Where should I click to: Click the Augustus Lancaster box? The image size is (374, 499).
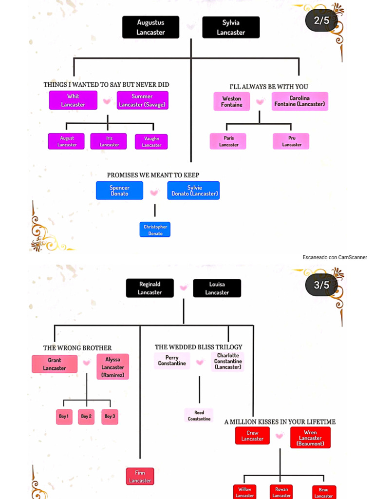tap(150, 27)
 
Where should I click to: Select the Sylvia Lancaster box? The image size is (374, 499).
tap(231, 27)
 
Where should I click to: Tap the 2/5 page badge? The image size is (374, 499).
tap(321, 20)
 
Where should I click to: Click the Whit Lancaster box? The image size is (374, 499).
tap(73, 100)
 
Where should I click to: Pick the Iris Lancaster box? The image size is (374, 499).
tap(109, 141)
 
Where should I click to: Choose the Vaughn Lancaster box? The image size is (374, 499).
tap(151, 142)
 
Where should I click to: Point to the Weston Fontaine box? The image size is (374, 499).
tap(232, 101)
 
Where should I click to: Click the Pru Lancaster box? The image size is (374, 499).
tap(291, 141)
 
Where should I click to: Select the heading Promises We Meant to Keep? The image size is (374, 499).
tap(153, 175)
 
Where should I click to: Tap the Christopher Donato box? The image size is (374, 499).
tap(155, 230)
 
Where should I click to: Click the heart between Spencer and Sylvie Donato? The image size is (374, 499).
tap(154, 192)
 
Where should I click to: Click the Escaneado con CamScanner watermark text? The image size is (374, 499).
tap(335, 257)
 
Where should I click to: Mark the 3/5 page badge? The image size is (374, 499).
tap(321, 285)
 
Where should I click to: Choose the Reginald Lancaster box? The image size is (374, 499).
tap(150, 288)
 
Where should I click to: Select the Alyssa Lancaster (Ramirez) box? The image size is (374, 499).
tap(112, 367)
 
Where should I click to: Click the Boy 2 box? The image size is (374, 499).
tap(86, 417)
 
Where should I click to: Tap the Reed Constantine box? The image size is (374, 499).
tap(199, 416)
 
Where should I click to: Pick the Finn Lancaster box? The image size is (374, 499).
tap(140, 477)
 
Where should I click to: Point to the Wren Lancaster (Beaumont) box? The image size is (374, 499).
tap(310, 438)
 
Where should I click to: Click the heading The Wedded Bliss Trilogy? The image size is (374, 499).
tap(198, 347)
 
